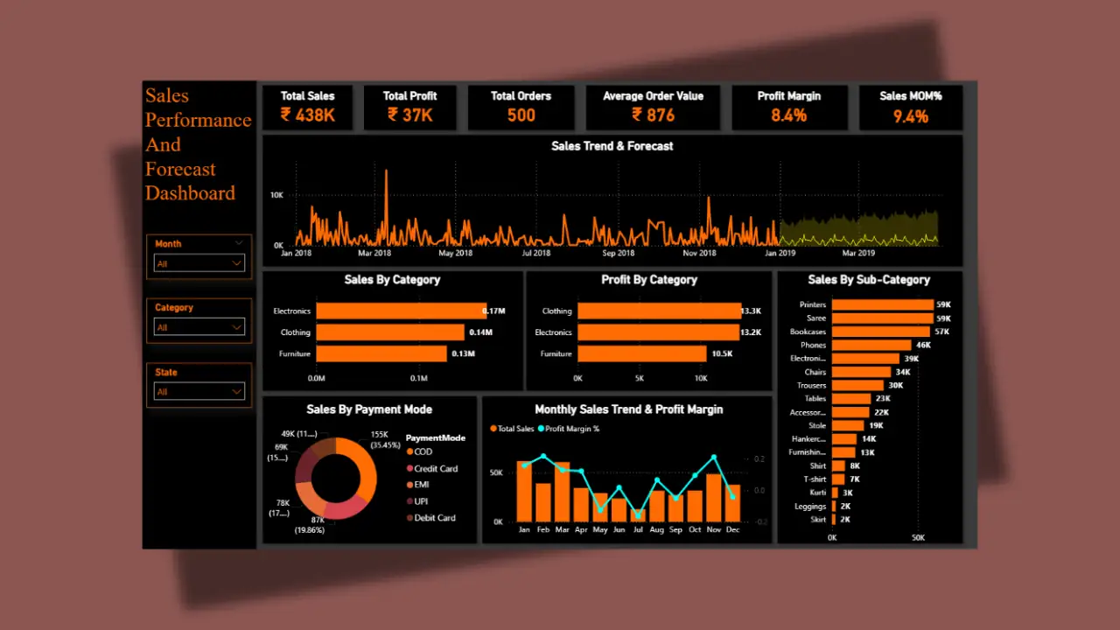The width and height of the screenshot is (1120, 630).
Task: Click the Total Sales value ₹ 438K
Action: (x=308, y=115)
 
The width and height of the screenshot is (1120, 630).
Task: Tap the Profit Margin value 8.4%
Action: (x=788, y=115)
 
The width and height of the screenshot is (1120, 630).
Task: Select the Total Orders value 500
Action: (x=521, y=115)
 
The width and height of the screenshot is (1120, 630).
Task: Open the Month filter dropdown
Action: (x=199, y=262)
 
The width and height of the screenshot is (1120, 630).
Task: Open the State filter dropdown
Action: (x=199, y=391)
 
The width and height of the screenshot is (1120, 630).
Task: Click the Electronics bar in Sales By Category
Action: (x=401, y=311)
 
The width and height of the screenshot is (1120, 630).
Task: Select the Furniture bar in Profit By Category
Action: (x=641, y=353)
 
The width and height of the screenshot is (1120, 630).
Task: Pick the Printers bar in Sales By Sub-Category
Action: (x=882, y=304)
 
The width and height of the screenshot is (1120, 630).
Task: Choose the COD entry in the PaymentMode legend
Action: (x=423, y=451)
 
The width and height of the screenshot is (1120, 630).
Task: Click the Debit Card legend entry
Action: (x=434, y=517)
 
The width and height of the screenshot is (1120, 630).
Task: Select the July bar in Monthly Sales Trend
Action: (x=638, y=515)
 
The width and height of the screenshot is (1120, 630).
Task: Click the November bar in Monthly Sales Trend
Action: (x=714, y=498)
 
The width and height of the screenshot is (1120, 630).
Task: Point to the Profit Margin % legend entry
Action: (x=572, y=429)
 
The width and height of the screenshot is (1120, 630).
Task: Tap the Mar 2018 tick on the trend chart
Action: (x=375, y=254)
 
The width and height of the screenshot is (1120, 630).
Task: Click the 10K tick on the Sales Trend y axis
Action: (x=276, y=195)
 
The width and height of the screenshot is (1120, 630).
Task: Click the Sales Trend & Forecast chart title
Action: (x=612, y=146)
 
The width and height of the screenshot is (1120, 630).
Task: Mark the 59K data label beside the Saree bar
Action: (x=943, y=318)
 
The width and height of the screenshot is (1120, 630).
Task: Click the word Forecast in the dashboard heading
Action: (x=180, y=169)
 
